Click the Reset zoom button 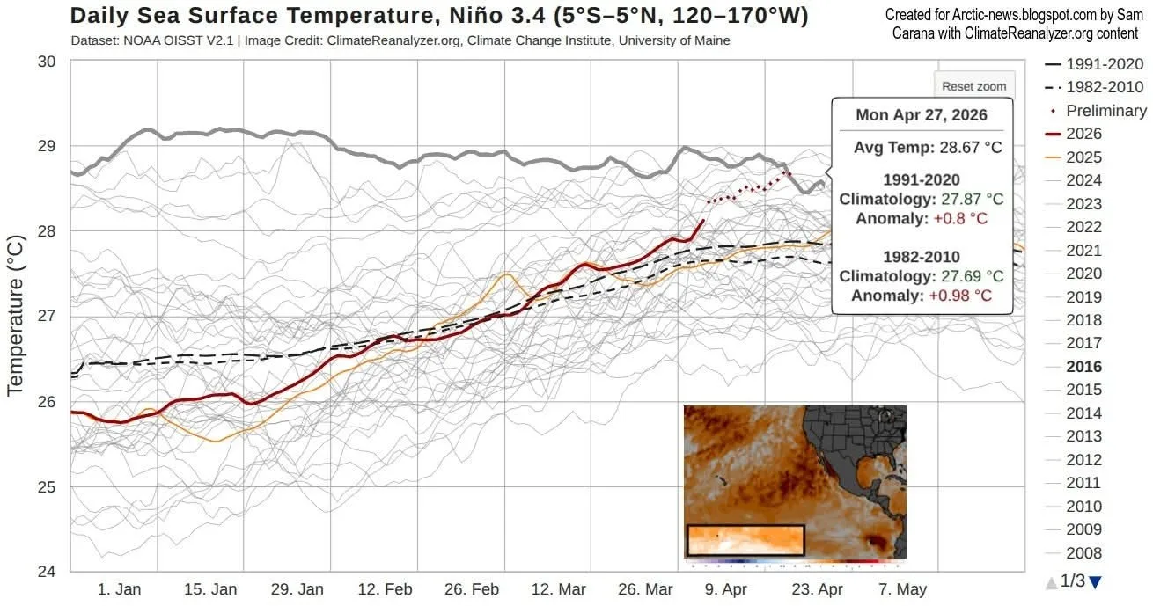[973, 86]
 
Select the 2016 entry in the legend [1083, 367]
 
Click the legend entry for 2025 [1083, 157]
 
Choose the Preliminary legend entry [1105, 111]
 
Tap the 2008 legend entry [1083, 553]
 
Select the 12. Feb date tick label [386, 589]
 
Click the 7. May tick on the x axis [902, 589]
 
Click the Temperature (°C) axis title [15, 315]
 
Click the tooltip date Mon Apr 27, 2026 [922, 115]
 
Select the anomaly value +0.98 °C [959, 296]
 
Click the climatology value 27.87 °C [972, 200]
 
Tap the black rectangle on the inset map [745, 540]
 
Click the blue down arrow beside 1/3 [1095, 581]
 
